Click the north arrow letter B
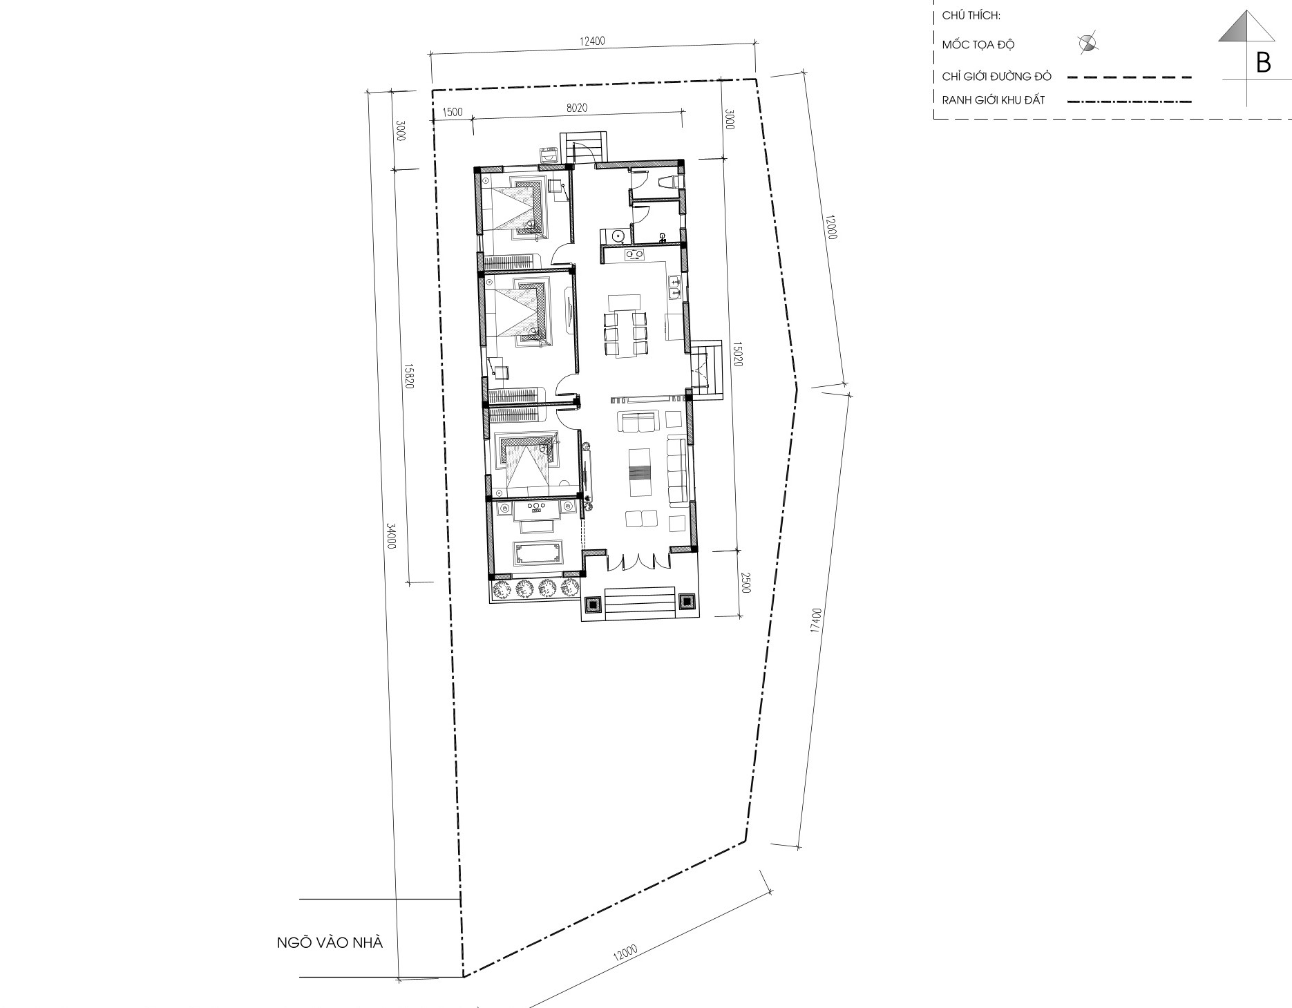(x=1263, y=63)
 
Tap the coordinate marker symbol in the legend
(x=1087, y=44)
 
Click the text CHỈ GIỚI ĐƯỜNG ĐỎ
(x=996, y=76)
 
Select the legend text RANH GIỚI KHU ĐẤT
(x=994, y=100)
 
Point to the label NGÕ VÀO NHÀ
(x=330, y=942)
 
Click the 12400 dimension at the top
(x=592, y=41)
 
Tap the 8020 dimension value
(x=576, y=108)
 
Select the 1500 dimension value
(x=453, y=112)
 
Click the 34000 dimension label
(x=391, y=536)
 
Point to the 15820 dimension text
(x=408, y=376)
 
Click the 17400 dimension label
(x=817, y=620)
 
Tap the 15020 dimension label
(x=737, y=354)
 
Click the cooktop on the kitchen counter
(x=635, y=256)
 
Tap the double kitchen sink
(x=675, y=287)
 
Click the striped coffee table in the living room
(x=640, y=473)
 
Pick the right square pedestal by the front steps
(x=687, y=602)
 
